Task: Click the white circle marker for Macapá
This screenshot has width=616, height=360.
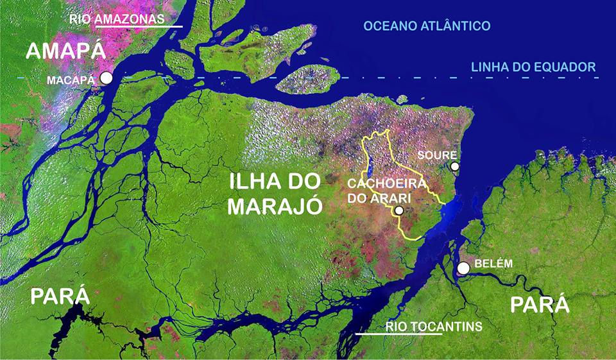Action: (x=107, y=78)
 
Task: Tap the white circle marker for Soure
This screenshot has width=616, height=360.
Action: (x=454, y=166)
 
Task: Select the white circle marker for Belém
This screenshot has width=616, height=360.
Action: (x=463, y=268)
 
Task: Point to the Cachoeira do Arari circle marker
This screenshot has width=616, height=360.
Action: (x=399, y=210)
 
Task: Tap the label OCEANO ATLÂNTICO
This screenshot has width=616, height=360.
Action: (x=427, y=26)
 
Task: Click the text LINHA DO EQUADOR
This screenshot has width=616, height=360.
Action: (x=533, y=67)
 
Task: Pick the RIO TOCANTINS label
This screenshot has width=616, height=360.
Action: (x=434, y=327)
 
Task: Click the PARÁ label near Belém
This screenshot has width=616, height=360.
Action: (x=540, y=304)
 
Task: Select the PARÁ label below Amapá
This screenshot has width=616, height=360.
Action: (x=59, y=297)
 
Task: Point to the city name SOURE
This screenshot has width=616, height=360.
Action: (x=437, y=155)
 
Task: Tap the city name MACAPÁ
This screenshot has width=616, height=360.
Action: (x=71, y=80)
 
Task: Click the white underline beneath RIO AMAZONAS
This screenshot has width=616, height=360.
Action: (x=139, y=27)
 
